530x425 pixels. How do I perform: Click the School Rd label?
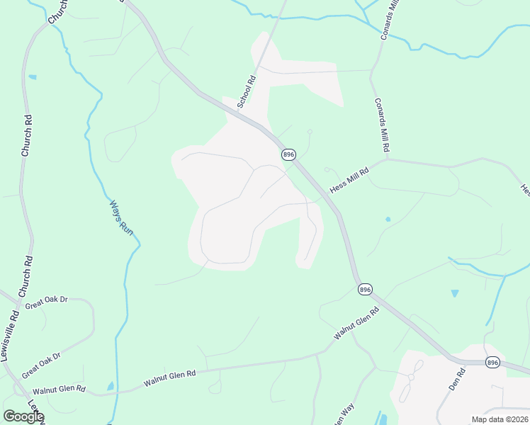tap(246, 92)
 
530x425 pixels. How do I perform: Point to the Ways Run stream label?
tap(121, 217)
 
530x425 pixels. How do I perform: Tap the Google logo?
tap(23, 416)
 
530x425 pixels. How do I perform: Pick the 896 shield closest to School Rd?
tap(288, 154)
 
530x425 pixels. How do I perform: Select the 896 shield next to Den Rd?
tap(493, 362)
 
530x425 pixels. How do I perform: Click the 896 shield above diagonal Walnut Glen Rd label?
tap(364, 289)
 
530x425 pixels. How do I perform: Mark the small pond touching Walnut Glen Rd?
tap(110, 386)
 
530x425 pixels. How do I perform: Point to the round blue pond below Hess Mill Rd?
tap(388, 219)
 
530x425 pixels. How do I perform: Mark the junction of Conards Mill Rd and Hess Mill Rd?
tap(387, 159)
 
